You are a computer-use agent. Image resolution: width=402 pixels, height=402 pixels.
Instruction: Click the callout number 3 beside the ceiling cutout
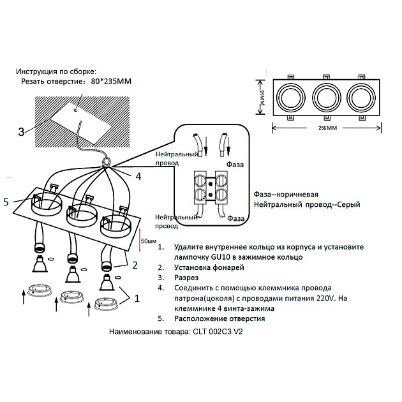(x=21, y=132)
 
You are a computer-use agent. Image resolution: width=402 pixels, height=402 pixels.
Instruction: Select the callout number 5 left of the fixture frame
(x=6, y=202)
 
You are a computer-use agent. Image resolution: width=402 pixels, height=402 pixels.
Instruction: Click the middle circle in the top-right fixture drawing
(x=327, y=98)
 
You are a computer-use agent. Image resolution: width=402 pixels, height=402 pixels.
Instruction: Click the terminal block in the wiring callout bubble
(x=210, y=190)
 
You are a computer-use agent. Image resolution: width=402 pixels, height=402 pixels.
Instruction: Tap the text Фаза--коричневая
(x=286, y=194)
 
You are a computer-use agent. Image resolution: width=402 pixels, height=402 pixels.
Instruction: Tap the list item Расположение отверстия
(x=219, y=318)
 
